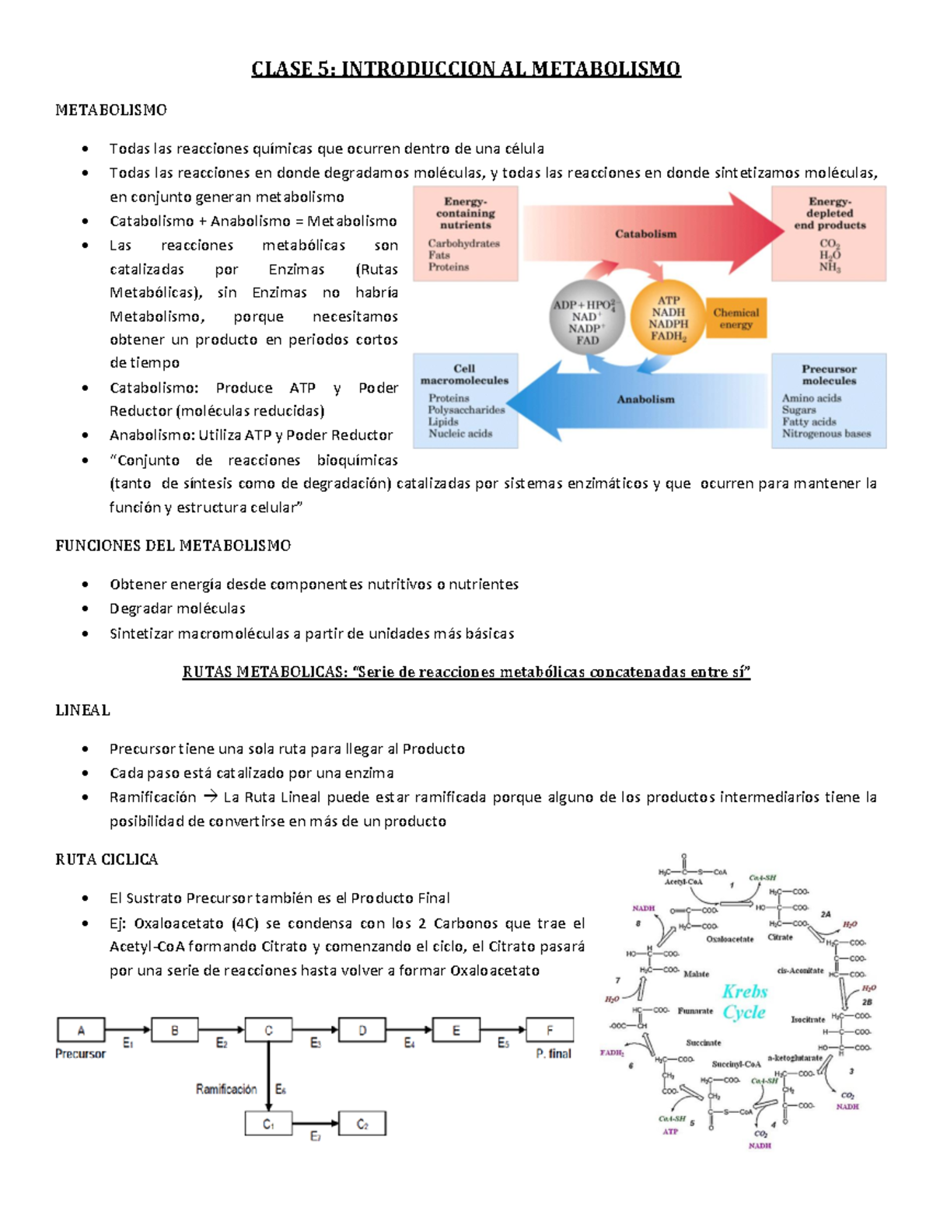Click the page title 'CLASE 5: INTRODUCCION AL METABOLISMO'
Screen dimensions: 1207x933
[x=466, y=69]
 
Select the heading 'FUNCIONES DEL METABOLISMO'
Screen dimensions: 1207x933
[x=173, y=546]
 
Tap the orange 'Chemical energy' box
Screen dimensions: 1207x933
[x=736, y=319]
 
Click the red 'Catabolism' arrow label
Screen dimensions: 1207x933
[x=645, y=233]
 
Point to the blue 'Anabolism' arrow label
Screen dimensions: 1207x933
[x=645, y=399]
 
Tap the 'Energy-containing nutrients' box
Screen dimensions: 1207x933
[x=466, y=233]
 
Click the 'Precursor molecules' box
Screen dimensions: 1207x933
[x=829, y=400]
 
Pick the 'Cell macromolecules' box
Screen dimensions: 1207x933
[x=466, y=400]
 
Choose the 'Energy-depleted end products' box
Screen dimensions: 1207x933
[x=829, y=233]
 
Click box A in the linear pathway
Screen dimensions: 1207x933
[x=81, y=1030]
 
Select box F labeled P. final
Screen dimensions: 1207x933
[x=550, y=1030]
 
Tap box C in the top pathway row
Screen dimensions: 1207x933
[x=268, y=1030]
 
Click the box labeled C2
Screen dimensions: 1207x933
[x=362, y=1124]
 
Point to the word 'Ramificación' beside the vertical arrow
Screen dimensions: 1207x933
[x=226, y=1089]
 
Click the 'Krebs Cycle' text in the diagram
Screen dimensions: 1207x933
[x=744, y=1002]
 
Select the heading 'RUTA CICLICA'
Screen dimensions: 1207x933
[x=107, y=860]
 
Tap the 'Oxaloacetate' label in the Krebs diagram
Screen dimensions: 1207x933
[x=729, y=939]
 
